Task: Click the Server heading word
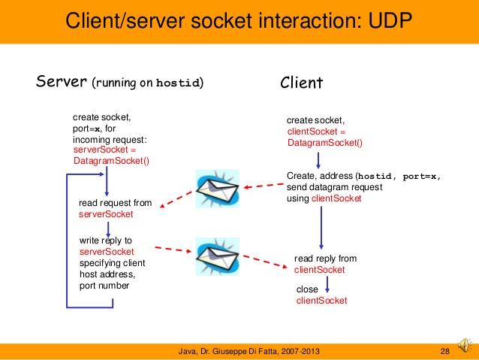click(x=62, y=81)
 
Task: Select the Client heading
click(x=302, y=83)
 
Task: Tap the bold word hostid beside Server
click(x=178, y=83)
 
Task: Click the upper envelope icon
click(x=218, y=187)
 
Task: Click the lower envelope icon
click(x=218, y=256)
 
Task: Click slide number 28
click(x=444, y=351)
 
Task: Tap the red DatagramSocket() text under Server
click(x=112, y=160)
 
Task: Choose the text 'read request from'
click(x=116, y=203)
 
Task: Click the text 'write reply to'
click(x=106, y=241)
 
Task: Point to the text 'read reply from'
click(x=325, y=259)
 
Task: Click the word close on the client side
click(x=308, y=289)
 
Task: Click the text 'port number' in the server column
click(x=104, y=286)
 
